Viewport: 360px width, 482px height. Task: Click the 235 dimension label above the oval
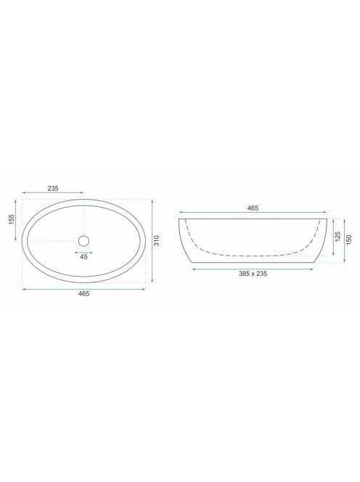[53, 189]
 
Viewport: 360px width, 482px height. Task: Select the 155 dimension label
[12, 219]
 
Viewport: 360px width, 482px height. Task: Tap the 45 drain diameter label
[83, 257]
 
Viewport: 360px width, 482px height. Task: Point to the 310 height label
[157, 240]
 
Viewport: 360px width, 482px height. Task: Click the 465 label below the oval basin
[83, 293]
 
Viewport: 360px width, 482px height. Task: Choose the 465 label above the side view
[253, 208]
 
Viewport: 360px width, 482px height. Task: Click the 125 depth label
[337, 237]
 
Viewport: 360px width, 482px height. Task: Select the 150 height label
[348, 240]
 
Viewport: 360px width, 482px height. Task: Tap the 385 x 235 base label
[253, 274]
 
